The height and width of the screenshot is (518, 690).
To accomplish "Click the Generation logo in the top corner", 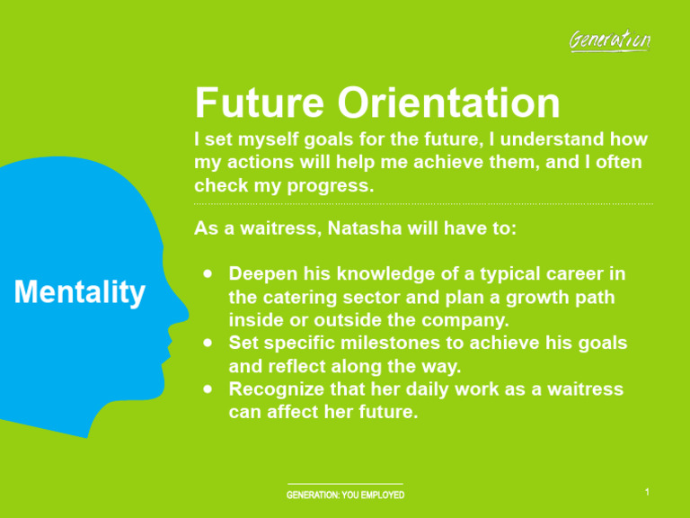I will [x=610, y=40].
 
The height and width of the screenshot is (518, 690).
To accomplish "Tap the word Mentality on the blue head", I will [x=79, y=292].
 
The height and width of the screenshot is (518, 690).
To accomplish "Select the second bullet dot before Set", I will [x=208, y=343].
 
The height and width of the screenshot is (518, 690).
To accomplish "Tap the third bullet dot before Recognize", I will [x=208, y=389].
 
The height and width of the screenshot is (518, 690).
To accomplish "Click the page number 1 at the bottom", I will [x=647, y=492].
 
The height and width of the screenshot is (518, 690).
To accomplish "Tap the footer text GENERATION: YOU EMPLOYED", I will [x=345, y=496].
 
